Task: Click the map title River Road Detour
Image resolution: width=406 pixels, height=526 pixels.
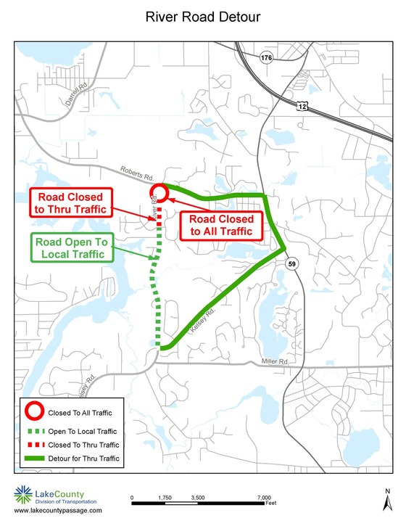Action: tap(203, 16)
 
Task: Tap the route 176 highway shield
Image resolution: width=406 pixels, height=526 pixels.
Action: tap(267, 58)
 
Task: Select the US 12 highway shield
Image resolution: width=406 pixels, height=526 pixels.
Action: tap(301, 107)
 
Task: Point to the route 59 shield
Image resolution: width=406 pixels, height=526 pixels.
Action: tap(291, 263)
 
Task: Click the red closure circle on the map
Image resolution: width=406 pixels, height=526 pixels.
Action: tap(159, 193)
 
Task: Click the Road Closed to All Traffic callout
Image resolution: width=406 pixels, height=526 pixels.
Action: tap(221, 225)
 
